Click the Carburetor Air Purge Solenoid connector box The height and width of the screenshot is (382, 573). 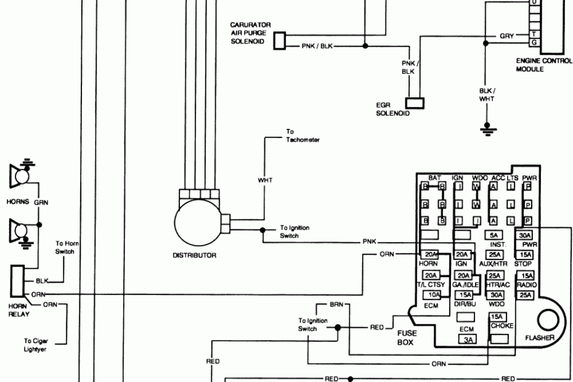tap(279, 41)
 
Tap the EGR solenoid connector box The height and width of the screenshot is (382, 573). tap(415, 102)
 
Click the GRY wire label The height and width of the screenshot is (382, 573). tap(506, 36)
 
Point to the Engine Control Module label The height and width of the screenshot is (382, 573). tap(540, 65)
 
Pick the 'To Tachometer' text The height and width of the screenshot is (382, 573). tap(302, 136)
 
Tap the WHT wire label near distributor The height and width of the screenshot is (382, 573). tap(264, 181)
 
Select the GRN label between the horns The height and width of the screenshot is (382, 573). tap(41, 201)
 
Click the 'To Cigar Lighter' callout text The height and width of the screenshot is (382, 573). tap(36, 344)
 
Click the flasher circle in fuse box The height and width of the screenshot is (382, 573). tap(547, 321)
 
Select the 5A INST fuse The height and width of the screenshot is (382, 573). tap(494, 235)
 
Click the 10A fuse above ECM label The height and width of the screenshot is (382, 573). tap(430, 295)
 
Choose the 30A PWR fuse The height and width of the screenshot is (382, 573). tap(525, 235)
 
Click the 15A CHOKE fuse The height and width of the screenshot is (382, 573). tap(496, 317)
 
